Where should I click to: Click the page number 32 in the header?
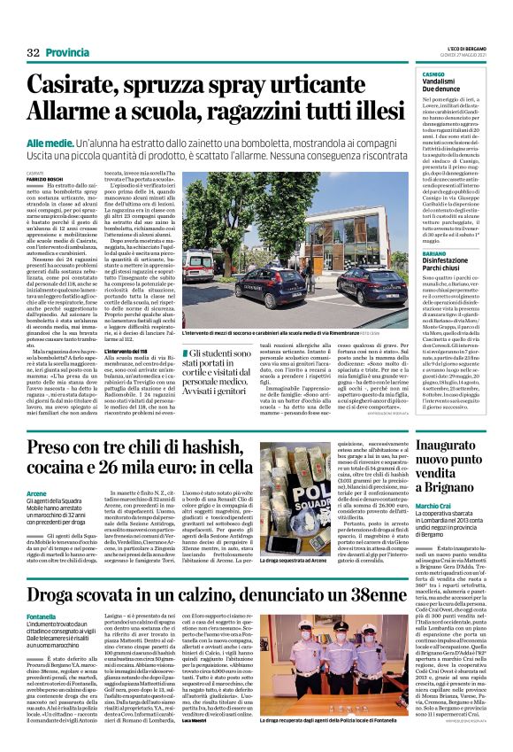34,53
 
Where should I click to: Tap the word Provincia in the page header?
67,53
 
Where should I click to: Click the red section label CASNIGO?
408,74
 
